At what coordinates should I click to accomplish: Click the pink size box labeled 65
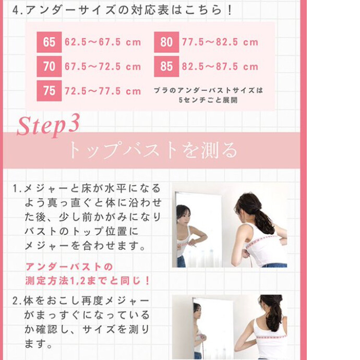(x=49, y=42)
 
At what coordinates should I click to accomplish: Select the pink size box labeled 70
(x=49, y=67)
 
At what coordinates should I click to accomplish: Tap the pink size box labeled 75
(x=49, y=91)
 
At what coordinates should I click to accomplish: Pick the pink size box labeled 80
(x=166, y=42)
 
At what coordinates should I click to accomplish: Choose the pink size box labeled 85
(x=166, y=67)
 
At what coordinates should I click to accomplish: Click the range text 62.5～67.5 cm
(x=103, y=42)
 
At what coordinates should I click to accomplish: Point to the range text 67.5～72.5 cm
(x=103, y=67)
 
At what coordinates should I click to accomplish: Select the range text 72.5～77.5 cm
(x=103, y=91)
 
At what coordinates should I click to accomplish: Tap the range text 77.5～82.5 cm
(x=220, y=42)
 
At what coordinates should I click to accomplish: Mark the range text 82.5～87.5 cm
(x=220, y=67)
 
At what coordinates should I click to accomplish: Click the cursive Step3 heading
(x=48, y=125)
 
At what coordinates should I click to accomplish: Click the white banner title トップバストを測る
(x=153, y=150)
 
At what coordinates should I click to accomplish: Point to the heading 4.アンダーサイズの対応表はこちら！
(x=123, y=10)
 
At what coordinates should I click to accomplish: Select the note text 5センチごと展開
(x=208, y=100)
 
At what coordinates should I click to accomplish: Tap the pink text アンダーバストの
(x=69, y=267)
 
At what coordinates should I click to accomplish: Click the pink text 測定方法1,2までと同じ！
(x=88, y=281)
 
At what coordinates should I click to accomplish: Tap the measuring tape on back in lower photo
(x=271, y=337)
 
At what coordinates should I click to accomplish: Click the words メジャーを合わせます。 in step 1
(x=85, y=246)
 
